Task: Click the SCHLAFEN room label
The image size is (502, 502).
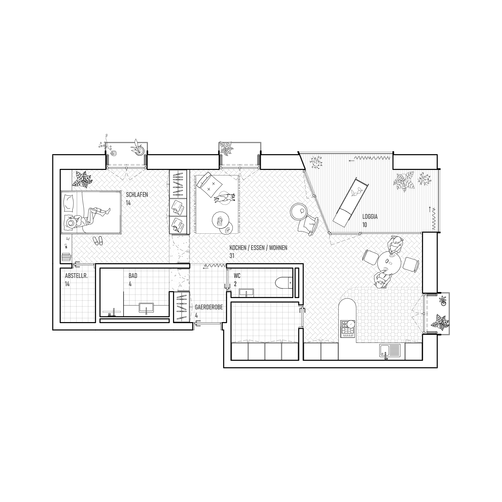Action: pyautogui.click(x=137, y=194)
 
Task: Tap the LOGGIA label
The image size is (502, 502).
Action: pyautogui.click(x=370, y=216)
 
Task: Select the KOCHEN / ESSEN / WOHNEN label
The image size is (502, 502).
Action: pyautogui.click(x=258, y=248)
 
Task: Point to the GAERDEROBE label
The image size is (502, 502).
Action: pyautogui.click(x=209, y=307)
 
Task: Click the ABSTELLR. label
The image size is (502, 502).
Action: pyautogui.click(x=76, y=276)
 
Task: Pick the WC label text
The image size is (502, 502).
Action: pyautogui.click(x=237, y=275)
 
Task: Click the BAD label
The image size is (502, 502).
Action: pyautogui.click(x=133, y=275)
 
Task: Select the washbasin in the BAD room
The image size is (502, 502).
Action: pyautogui.click(x=146, y=308)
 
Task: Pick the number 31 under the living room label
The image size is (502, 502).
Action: pyautogui.click(x=232, y=256)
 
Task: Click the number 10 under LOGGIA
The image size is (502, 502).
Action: pyautogui.click(x=365, y=225)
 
